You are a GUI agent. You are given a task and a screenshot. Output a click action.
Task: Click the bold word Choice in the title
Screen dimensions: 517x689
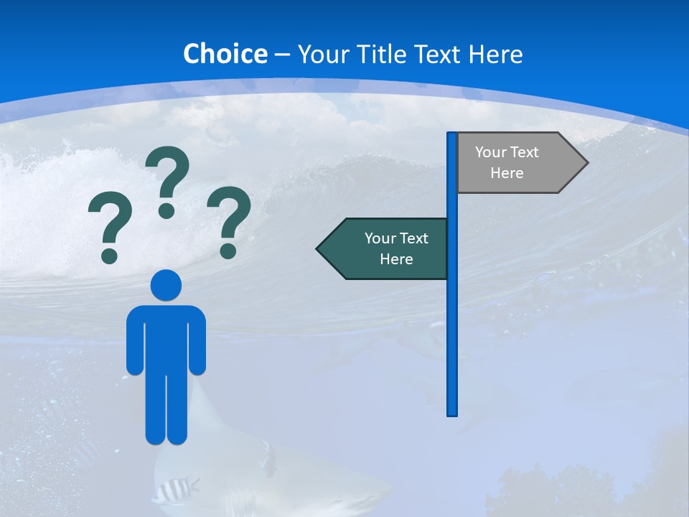(x=225, y=54)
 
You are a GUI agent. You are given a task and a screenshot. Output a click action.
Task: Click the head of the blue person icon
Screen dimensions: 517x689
(x=166, y=285)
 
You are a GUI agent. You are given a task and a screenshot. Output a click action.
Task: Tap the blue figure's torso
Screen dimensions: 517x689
(x=166, y=337)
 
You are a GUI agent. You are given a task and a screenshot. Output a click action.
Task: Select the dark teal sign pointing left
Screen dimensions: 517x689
(x=388, y=248)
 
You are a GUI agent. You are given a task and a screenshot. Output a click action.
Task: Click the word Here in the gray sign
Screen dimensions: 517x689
(x=507, y=173)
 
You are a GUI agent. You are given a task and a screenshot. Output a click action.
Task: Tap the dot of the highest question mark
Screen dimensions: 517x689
(x=167, y=210)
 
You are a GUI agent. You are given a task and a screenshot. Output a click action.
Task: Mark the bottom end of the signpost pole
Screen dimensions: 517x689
(x=452, y=413)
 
